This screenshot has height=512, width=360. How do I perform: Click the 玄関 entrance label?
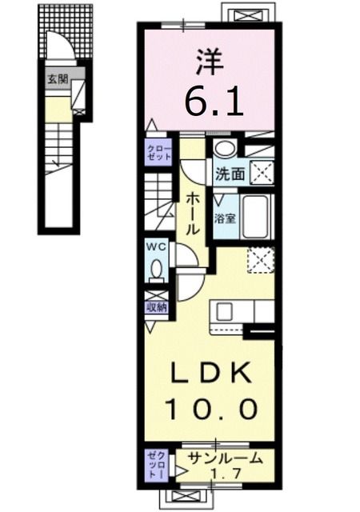[58, 79]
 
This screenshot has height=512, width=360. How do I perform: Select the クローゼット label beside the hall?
[159, 152]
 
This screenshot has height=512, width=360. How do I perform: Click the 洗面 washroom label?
[230, 174]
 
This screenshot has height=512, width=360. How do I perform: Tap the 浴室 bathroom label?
[225, 218]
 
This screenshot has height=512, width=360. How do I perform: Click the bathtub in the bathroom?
[257, 217]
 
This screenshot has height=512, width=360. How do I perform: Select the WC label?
[156, 247]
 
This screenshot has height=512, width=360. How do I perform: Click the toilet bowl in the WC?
[157, 268]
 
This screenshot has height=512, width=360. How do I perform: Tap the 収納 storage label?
[157, 307]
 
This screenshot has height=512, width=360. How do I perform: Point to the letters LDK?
[211, 373]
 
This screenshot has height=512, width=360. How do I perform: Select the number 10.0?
[212, 408]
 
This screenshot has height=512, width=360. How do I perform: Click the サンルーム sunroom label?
[226, 458]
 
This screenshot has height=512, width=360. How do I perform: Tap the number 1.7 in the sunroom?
[226, 473]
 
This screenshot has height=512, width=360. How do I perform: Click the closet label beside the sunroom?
[157, 465]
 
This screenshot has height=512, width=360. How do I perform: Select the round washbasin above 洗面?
[225, 150]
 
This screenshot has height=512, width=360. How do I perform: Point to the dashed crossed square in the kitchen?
[260, 259]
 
